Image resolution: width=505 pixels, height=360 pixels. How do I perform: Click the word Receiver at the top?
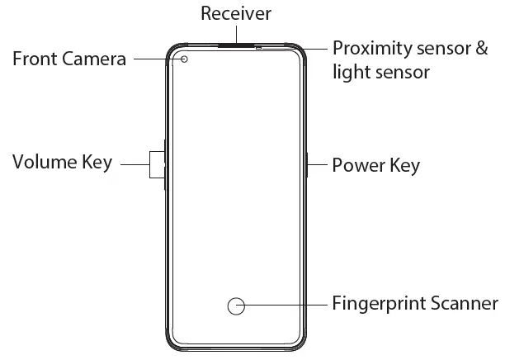coord(235,14)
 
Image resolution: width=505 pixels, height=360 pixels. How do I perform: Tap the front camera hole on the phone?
coord(184,59)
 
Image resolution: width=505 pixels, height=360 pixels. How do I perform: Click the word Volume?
coord(45,163)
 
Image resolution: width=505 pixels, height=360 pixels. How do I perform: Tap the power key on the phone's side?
coord(306,164)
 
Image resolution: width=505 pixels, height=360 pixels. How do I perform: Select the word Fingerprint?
coord(379,304)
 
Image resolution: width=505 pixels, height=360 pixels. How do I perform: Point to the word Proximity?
coord(368,49)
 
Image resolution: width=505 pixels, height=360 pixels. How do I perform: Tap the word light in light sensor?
coord(348,73)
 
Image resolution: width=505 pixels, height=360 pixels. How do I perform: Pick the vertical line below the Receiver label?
coord(236,34)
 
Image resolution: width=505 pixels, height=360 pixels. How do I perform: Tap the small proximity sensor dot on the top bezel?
coord(259,48)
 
